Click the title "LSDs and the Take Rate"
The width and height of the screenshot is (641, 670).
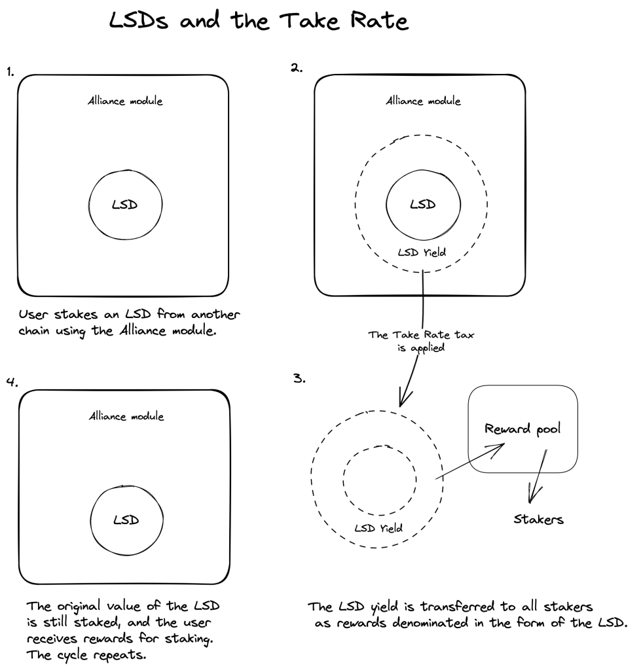point(259,20)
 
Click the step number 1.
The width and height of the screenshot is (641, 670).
point(10,72)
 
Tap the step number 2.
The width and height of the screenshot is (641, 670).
point(297,67)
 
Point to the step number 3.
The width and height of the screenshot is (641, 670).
point(299,378)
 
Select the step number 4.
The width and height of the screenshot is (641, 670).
point(12,381)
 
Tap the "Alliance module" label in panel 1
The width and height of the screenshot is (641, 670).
point(125,101)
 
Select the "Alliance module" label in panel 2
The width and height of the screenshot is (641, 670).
point(424,101)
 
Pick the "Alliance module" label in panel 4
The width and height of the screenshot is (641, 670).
point(126,416)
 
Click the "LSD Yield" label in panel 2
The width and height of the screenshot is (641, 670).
point(422,253)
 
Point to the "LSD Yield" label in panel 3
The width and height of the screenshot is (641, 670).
point(378,529)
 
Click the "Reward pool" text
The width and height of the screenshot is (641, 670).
point(522,429)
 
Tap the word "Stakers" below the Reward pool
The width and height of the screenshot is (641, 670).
point(538,519)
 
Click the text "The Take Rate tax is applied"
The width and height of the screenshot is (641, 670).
point(421,341)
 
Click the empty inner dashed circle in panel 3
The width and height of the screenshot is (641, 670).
point(343,481)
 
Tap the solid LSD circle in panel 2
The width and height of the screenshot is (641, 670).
point(386,204)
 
